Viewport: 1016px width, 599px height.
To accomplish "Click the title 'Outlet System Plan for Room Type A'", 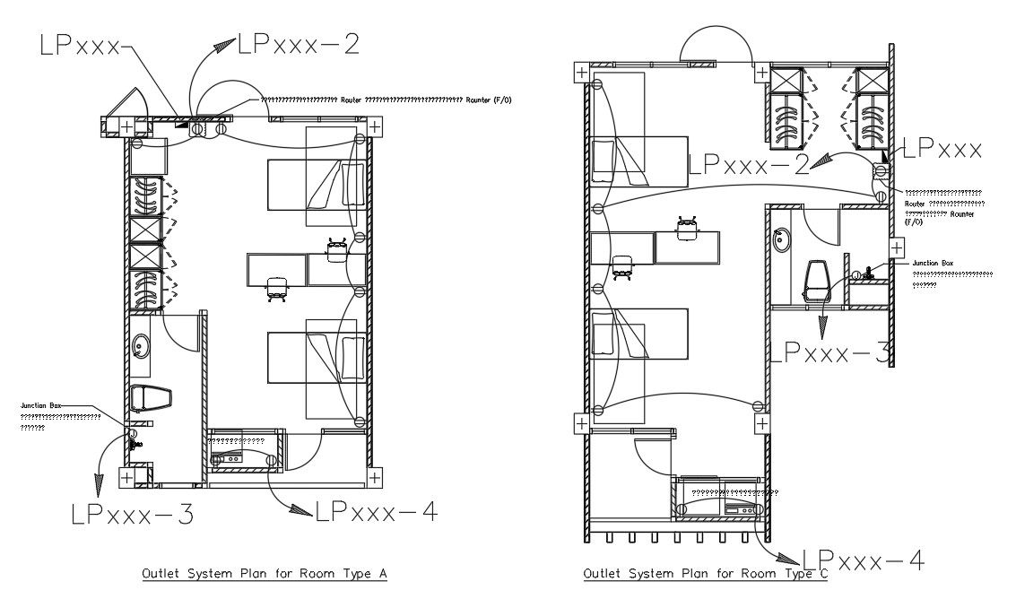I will [x=265, y=573].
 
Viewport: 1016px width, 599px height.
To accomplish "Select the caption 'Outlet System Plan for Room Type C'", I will [x=705, y=573].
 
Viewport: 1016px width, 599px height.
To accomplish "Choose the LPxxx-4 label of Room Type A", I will [x=376, y=511].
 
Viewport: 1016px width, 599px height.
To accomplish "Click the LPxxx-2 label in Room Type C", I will [x=749, y=163].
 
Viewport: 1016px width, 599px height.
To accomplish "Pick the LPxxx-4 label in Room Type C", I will [x=863, y=560].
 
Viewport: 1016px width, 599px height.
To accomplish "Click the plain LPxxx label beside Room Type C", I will [x=942, y=150].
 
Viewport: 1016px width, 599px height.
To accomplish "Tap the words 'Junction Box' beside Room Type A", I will [x=41, y=406].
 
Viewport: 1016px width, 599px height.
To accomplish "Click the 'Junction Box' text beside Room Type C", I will [x=933, y=263].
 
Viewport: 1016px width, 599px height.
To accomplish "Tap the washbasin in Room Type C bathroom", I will [x=780, y=239].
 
